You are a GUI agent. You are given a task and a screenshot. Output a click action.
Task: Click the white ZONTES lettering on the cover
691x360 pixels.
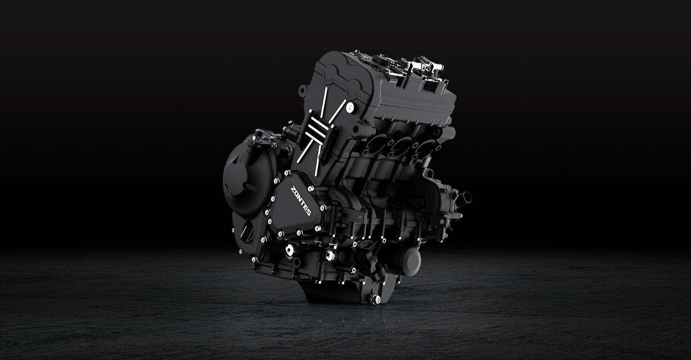coord(301,201)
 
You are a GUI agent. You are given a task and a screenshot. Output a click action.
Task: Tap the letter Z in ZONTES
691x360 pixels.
coord(292,188)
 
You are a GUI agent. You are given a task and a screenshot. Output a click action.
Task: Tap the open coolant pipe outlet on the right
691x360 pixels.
coord(464,198)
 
